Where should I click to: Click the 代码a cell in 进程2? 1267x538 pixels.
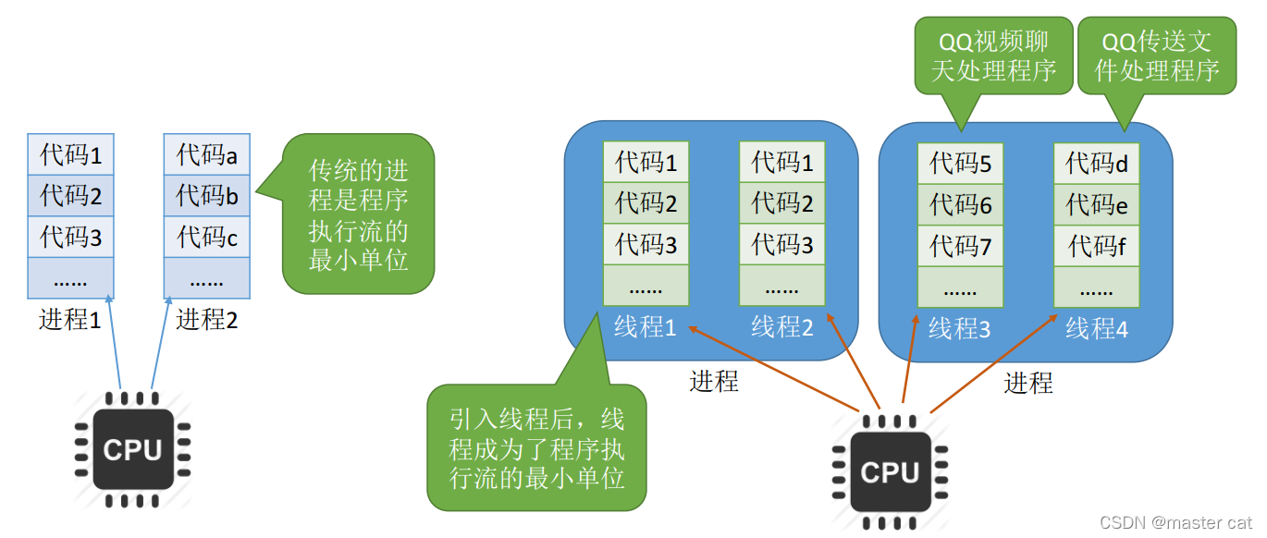(x=207, y=154)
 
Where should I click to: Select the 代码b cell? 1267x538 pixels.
(x=207, y=196)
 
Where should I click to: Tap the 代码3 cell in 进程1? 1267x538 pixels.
(x=70, y=237)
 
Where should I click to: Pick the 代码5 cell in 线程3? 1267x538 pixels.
(x=960, y=164)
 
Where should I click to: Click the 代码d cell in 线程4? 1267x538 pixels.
(x=1097, y=164)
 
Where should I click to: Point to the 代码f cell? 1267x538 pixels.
(x=1097, y=246)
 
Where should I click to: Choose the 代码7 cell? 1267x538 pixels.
(x=960, y=246)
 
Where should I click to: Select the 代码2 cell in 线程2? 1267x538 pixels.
(x=782, y=203)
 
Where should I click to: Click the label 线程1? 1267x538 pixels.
(x=646, y=326)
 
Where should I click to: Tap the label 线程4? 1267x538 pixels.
(x=1097, y=328)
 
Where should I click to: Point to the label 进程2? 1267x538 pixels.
(x=207, y=320)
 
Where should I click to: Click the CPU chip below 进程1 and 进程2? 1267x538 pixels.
(x=132, y=449)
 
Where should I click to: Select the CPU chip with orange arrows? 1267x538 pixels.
(x=889, y=472)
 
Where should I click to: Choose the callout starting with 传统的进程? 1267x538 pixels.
(x=358, y=214)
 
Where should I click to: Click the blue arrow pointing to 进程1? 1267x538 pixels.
(x=115, y=342)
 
